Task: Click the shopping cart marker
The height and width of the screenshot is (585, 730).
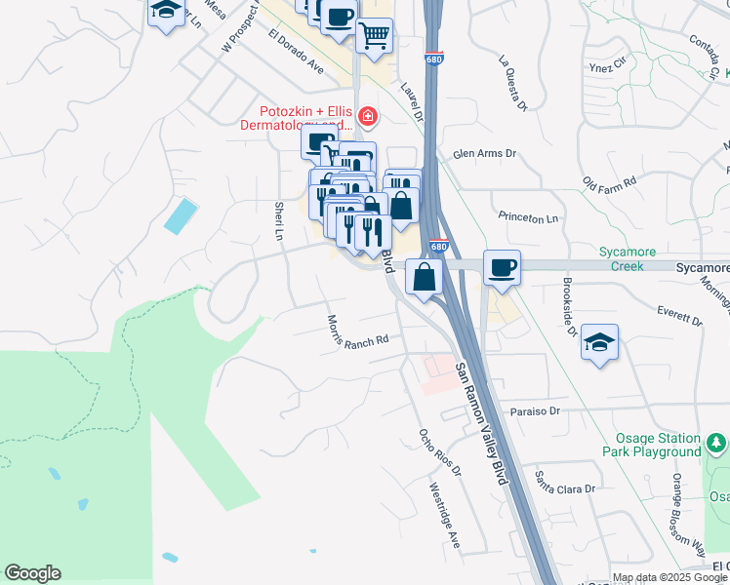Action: point(374,37)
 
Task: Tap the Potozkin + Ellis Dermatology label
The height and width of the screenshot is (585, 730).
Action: point(298,118)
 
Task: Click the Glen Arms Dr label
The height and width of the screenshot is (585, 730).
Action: point(484,154)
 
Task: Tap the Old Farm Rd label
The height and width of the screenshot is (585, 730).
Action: point(609,182)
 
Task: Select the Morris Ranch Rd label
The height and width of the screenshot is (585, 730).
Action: point(357,332)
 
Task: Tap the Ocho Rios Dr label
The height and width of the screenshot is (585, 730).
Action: point(439,452)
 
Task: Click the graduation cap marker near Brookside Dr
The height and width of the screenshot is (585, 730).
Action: point(599,343)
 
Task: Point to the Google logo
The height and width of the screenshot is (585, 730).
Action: point(32,573)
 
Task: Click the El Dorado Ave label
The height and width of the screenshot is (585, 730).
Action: point(296,53)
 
